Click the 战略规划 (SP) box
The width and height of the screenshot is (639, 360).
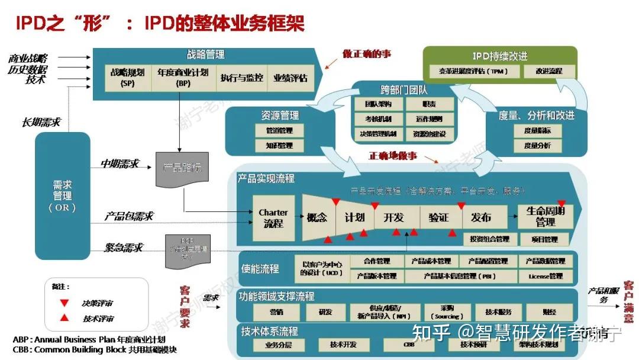(x=127, y=78)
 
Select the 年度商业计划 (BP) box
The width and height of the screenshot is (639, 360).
(x=182, y=78)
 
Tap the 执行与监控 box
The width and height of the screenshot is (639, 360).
(x=241, y=78)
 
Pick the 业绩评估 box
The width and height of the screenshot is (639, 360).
(x=291, y=78)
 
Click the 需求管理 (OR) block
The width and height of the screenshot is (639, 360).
(x=62, y=195)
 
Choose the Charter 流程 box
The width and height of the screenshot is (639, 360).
(x=273, y=218)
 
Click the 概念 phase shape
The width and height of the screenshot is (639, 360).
(x=317, y=218)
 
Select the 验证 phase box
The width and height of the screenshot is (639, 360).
(x=438, y=218)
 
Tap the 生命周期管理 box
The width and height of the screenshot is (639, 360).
(x=545, y=217)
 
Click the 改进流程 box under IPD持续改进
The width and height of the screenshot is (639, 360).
(x=550, y=72)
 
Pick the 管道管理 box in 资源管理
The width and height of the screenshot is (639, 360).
(x=278, y=130)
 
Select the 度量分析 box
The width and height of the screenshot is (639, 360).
(x=537, y=146)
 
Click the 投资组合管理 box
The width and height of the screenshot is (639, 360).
(x=489, y=239)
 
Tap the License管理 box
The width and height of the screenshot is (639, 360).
(x=545, y=276)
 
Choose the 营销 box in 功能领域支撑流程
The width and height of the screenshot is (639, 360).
(x=276, y=311)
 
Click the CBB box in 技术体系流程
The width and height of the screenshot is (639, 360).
(x=408, y=345)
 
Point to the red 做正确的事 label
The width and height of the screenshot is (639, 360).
(x=367, y=54)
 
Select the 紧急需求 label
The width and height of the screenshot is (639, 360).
(x=124, y=247)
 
